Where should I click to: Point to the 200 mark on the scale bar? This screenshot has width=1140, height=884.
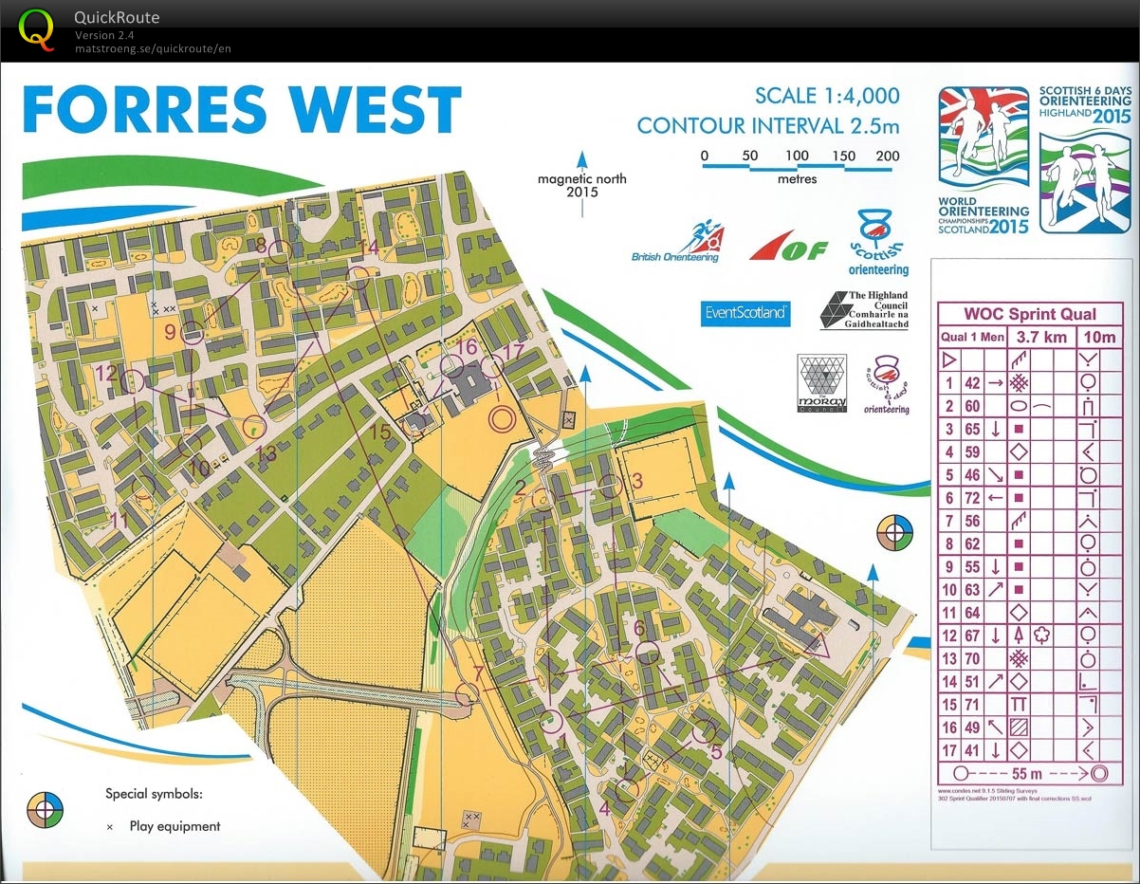click(888, 157)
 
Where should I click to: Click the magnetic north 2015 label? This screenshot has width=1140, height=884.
click(581, 185)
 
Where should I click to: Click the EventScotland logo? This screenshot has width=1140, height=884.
click(745, 312)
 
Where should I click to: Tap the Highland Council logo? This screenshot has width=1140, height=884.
click(864, 310)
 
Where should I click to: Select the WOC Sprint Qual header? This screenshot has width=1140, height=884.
click(1030, 314)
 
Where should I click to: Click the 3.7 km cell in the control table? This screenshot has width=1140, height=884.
click(1041, 337)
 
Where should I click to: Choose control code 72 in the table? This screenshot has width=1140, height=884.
click(972, 497)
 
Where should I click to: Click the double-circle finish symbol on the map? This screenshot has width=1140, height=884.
click(503, 417)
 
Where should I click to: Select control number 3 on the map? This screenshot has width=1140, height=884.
click(637, 481)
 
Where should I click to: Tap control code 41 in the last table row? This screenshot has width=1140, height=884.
click(972, 750)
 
